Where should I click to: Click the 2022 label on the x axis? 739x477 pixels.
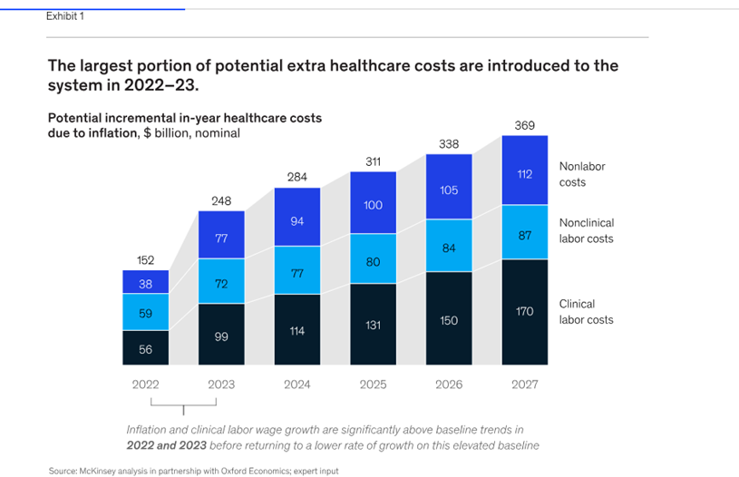coord(145,385)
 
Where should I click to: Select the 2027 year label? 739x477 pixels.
coord(524,385)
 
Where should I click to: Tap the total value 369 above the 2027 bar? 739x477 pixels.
coord(524,125)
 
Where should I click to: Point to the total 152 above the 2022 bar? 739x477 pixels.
coord(145,260)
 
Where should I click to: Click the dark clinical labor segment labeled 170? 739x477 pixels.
coord(524,312)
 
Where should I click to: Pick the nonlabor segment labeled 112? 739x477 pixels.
coord(524,175)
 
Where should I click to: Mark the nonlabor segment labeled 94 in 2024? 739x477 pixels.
coord(297,221)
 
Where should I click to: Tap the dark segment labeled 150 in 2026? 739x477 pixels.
coord(449,320)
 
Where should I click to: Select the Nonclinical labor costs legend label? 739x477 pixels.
coord(586,231)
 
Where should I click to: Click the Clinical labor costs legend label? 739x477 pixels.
coord(586,312)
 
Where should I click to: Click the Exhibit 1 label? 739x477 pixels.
coord(65,16)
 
